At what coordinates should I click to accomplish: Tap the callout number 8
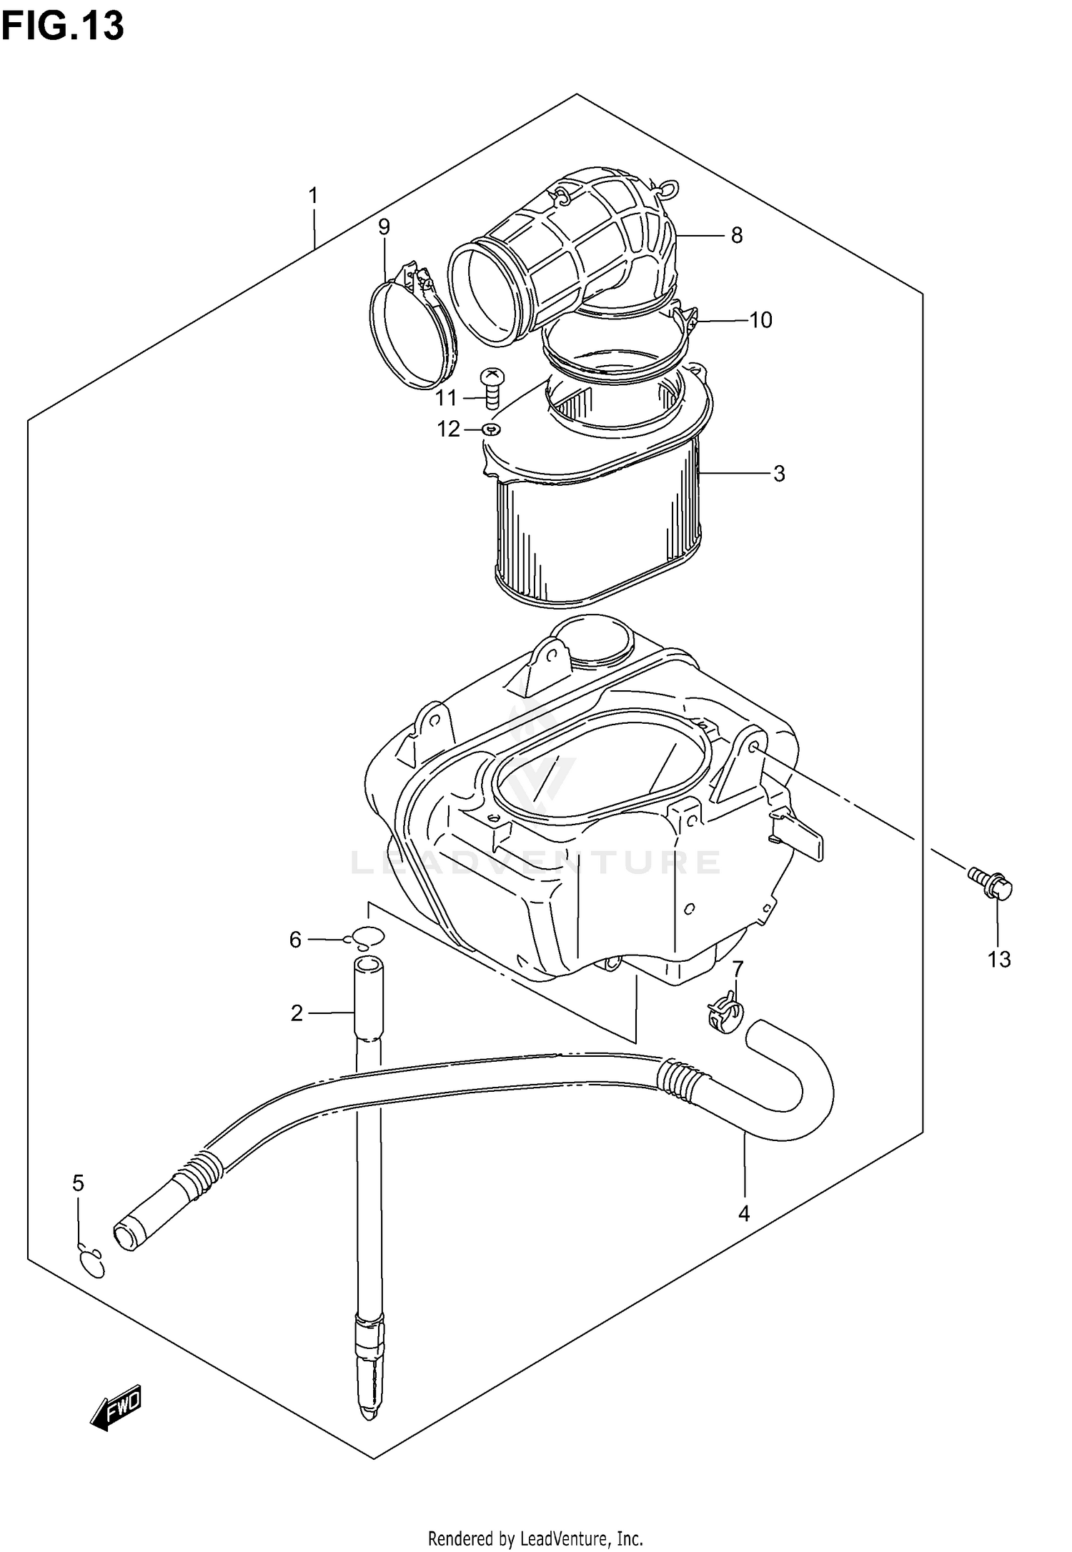737,235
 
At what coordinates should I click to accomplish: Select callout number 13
998,959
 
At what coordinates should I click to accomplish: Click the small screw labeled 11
492,387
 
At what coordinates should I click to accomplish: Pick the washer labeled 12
491,429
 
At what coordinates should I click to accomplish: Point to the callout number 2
297,1013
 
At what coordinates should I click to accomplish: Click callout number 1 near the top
312,196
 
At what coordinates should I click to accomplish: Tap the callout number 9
384,227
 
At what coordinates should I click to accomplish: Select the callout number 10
761,320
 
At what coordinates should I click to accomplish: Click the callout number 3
778,473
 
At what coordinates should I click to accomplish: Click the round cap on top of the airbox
593,638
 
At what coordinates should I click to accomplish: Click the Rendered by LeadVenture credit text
535,1533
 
